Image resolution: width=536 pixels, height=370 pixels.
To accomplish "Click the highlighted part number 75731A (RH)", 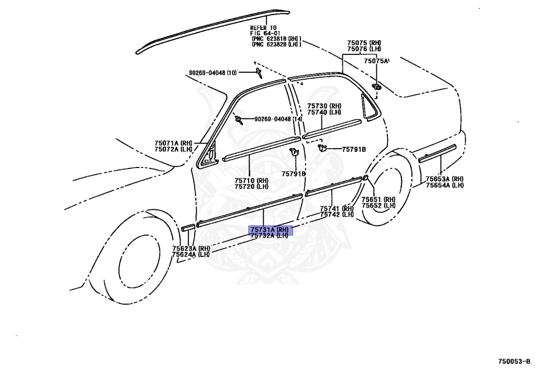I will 269,230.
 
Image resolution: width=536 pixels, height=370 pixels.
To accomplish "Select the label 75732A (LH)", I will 269,236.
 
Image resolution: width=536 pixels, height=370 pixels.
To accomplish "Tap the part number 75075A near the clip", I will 377,61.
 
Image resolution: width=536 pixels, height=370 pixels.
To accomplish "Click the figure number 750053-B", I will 515,361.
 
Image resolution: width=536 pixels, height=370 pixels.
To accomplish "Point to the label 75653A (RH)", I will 444,179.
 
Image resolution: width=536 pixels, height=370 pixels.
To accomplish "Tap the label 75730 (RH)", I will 324,106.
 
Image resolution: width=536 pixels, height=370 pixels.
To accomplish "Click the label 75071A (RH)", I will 173,143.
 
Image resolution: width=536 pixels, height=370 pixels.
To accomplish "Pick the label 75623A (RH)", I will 191,249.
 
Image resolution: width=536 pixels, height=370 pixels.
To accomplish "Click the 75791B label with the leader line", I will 354,150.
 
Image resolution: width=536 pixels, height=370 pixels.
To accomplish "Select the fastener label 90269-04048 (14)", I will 278,119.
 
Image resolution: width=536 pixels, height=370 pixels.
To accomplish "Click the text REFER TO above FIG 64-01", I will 263,28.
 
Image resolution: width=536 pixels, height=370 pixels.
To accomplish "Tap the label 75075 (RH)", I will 364,42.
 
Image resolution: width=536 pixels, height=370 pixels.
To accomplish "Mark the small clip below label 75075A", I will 376,86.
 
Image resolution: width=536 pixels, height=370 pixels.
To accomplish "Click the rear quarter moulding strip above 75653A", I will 438,152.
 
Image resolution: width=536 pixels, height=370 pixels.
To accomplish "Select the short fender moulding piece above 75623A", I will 187,228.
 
